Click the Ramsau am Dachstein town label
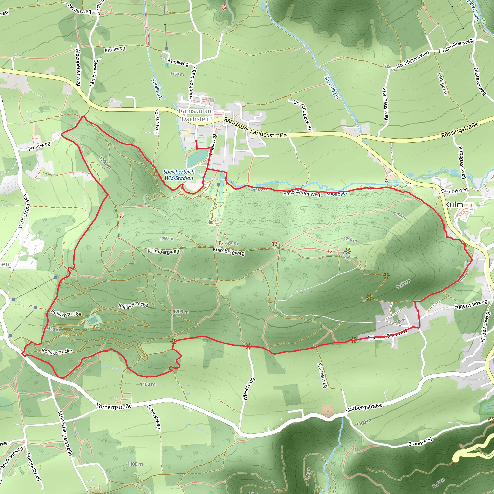(x=196, y=115)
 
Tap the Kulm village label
(x=454, y=205)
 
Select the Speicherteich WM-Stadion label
(x=179, y=175)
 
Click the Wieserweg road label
(x=248, y=389)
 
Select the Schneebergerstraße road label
(x=65, y=433)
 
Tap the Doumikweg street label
(x=454, y=191)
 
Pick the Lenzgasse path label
(x=443, y=84)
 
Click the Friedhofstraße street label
(x=193, y=83)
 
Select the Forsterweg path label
(x=157, y=122)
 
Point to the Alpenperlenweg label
(x=78, y=67)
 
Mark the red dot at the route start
(x=196, y=141)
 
